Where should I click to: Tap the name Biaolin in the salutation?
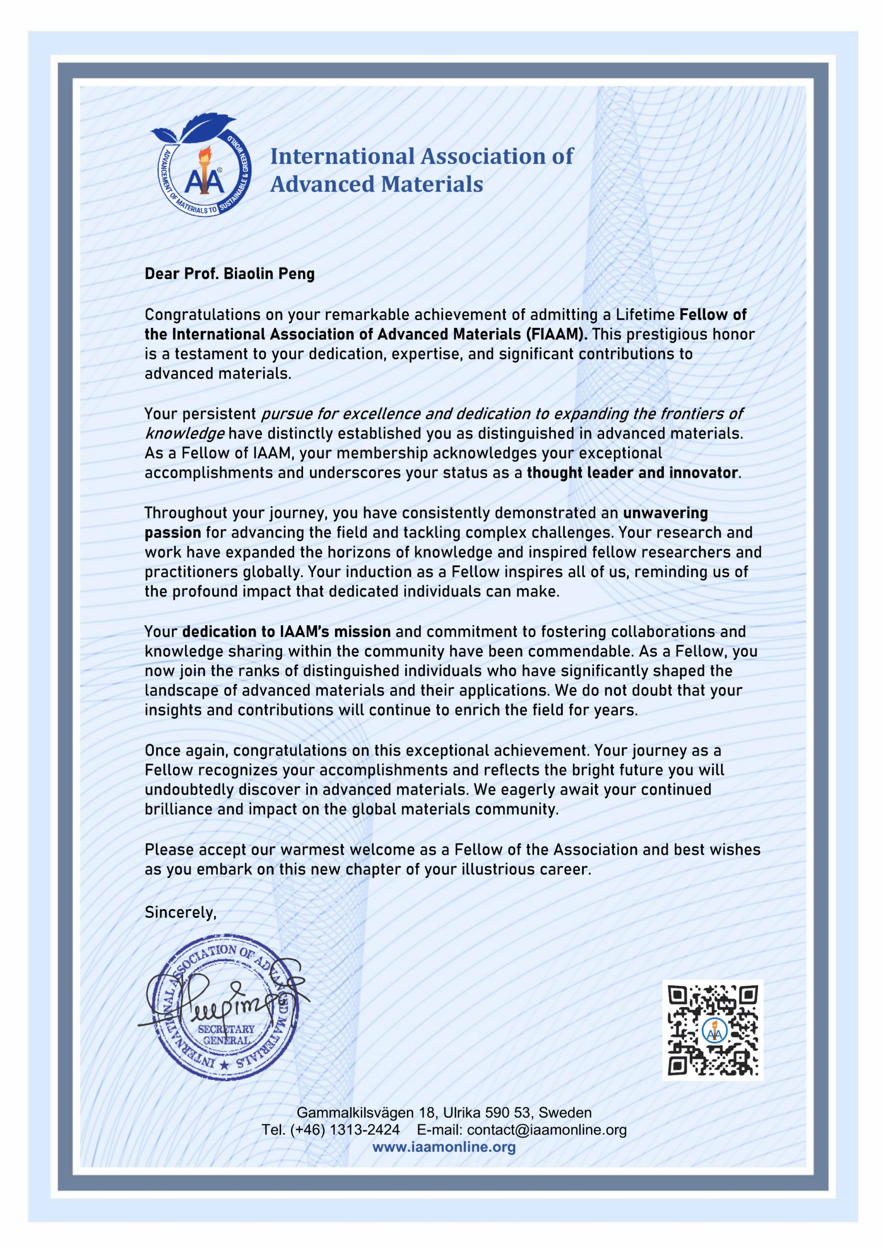coord(249,273)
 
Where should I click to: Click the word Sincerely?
coord(180,912)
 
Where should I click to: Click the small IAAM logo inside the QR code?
coord(714,1030)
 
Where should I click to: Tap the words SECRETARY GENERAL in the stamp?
coord(226,1034)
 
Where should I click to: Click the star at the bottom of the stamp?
coord(224,1065)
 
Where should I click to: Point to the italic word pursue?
coord(286,414)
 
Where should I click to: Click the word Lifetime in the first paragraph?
coord(645,315)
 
